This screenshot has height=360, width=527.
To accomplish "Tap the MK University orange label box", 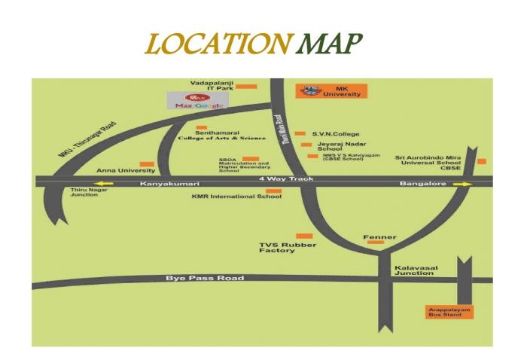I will click(x=331, y=90).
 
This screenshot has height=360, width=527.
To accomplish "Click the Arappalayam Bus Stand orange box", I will click(x=447, y=312).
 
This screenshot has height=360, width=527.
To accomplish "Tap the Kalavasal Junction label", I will click(x=413, y=270).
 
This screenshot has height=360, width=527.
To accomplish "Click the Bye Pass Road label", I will click(x=205, y=279).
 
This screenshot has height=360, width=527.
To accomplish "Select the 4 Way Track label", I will click(x=285, y=178).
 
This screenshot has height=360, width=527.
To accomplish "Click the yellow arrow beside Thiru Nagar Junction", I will click(x=102, y=183).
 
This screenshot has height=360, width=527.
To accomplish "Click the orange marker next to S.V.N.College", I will click(x=300, y=133).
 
